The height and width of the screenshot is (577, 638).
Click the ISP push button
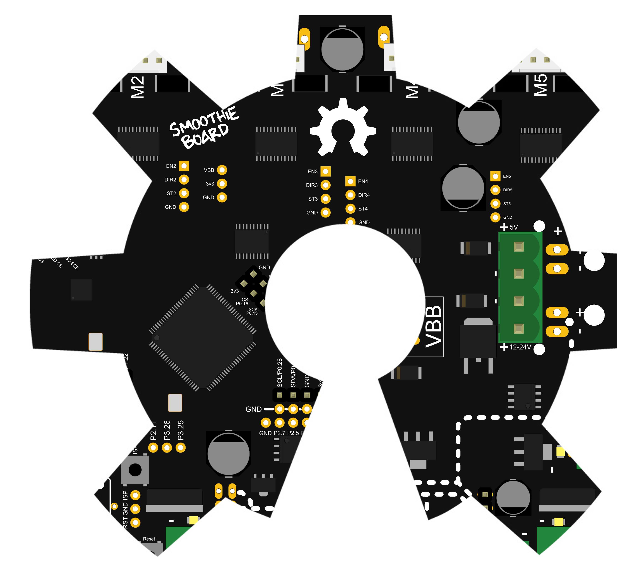[x=135, y=470]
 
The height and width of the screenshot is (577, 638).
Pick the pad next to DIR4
[x=350, y=195]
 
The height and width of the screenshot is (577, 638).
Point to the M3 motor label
[x=278, y=85]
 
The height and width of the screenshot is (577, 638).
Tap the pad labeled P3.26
[x=167, y=447]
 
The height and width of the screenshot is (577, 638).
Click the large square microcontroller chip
[x=203, y=338]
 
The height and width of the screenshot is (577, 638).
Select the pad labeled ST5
[x=495, y=204]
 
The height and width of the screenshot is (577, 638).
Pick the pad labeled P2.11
[x=153, y=447]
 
